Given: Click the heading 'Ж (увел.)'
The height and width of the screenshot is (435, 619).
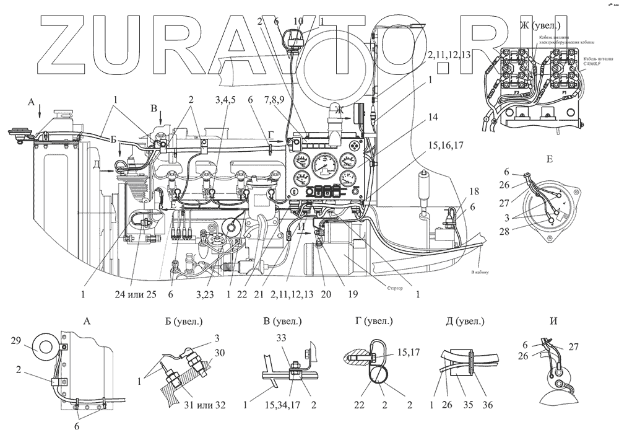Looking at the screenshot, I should tap(541, 25).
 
